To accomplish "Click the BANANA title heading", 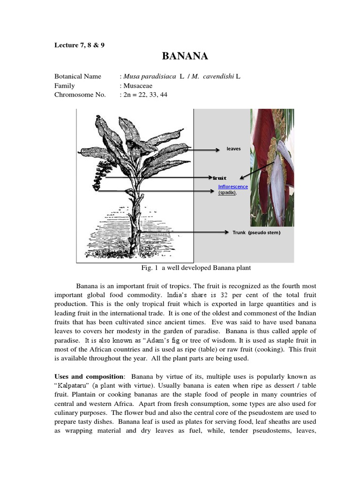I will [185, 57].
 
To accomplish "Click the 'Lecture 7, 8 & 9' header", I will [79, 45].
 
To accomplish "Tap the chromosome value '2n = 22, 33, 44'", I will [145, 95].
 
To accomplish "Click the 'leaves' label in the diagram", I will [233, 149].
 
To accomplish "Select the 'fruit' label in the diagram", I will [219, 178].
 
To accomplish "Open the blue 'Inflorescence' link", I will [233, 187].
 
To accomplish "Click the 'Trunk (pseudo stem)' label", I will [256, 232].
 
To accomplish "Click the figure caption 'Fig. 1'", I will [150, 268].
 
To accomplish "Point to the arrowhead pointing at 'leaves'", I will [217, 150].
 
